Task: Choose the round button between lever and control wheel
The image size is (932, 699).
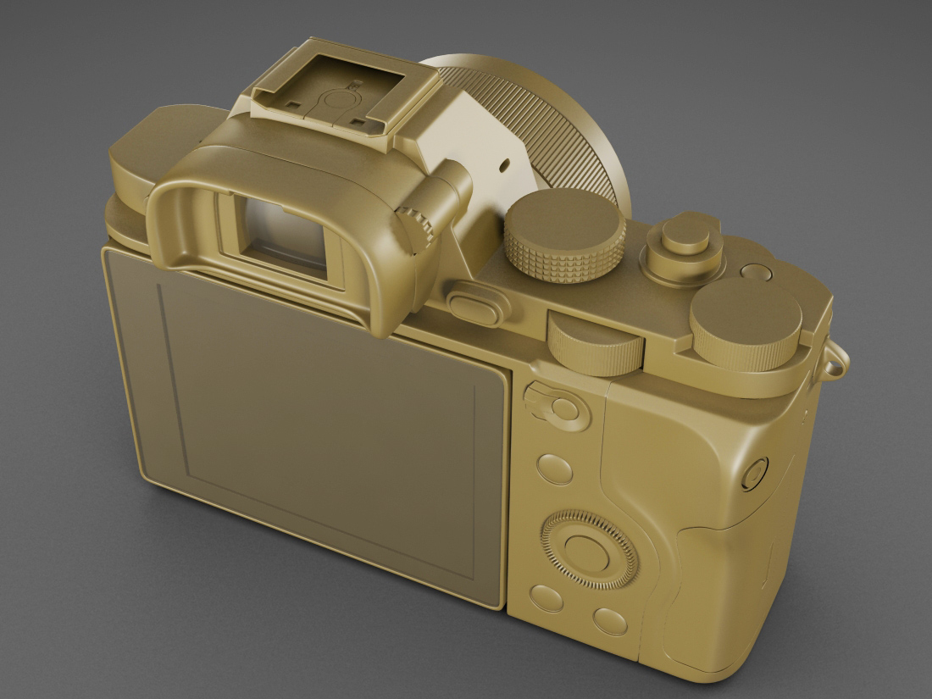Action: (x=555, y=468)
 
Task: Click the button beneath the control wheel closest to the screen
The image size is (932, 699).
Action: (x=546, y=596)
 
